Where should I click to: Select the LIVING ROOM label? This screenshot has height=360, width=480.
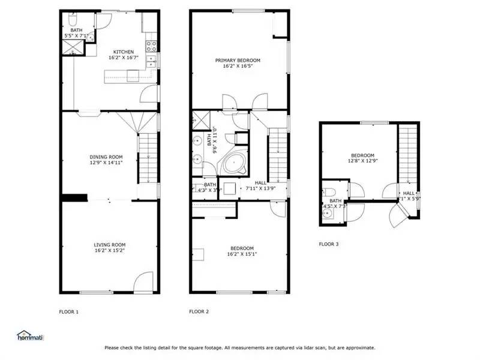click(x=109, y=244)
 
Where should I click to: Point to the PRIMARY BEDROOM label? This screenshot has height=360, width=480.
click(x=239, y=60)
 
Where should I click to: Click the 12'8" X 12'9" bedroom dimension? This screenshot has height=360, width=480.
click(x=362, y=160)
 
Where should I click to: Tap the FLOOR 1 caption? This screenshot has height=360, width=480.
click(x=68, y=311)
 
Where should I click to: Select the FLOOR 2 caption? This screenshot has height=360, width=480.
click(x=199, y=311)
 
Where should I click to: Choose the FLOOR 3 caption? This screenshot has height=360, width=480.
click(x=328, y=244)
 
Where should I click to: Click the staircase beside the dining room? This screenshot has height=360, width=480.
click(x=148, y=159)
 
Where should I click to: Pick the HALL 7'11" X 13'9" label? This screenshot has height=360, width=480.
click(x=260, y=185)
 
